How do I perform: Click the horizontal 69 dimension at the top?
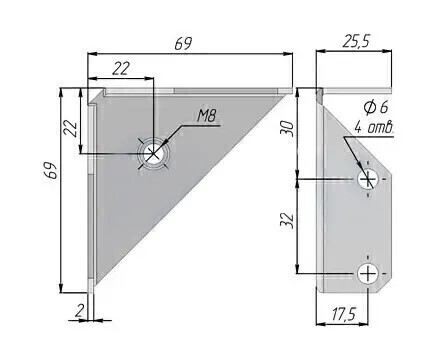coord(184,44)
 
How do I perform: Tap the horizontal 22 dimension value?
coord(120,69)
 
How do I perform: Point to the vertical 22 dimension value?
coord(71,128)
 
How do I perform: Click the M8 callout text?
coord(207,116)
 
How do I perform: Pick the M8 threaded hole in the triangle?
coord(153,154)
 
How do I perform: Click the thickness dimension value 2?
coord(79,311)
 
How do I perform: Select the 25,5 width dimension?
coord(356,42)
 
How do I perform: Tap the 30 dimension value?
coord(288,128)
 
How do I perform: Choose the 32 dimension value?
coord(287,220)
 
